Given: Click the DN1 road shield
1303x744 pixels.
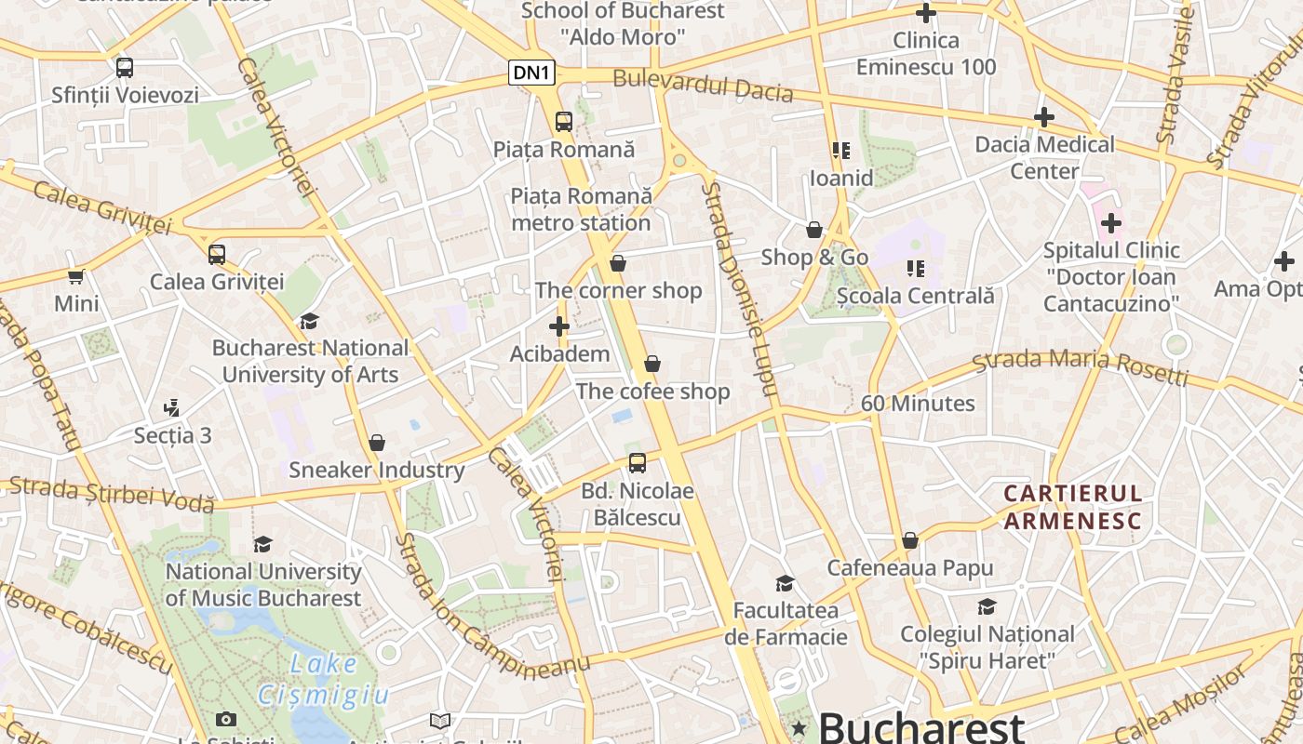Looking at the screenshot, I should (x=532, y=73).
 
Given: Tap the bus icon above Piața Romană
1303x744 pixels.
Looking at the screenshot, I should (x=564, y=121).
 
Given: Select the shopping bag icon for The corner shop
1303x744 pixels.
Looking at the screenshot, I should (x=618, y=264).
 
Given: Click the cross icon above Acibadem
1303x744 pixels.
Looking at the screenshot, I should (x=558, y=326).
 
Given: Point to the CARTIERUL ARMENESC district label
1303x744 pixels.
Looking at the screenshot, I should (x=1072, y=507).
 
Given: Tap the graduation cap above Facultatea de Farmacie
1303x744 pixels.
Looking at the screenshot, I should (x=786, y=583).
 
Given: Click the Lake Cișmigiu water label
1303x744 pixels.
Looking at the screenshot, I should (x=322, y=679).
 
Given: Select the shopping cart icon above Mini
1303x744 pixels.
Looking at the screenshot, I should (x=76, y=276).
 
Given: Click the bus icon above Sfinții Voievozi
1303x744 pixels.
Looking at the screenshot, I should (x=125, y=68).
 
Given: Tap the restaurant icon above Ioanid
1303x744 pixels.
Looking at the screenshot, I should (x=841, y=151).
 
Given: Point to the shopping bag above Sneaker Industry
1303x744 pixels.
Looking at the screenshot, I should (x=377, y=443).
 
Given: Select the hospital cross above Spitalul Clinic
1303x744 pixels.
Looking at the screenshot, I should (x=1110, y=223).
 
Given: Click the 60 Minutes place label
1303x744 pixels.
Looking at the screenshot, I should (x=918, y=404).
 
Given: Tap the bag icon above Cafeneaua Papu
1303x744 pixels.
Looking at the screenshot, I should (x=910, y=541).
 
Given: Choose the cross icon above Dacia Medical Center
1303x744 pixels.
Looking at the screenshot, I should (x=1044, y=117).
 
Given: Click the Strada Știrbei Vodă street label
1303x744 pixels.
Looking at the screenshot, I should (x=112, y=494).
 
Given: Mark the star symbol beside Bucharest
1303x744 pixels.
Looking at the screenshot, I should (x=799, y=727).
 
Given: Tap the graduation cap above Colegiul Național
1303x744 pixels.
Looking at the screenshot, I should (x=987, y=607).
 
